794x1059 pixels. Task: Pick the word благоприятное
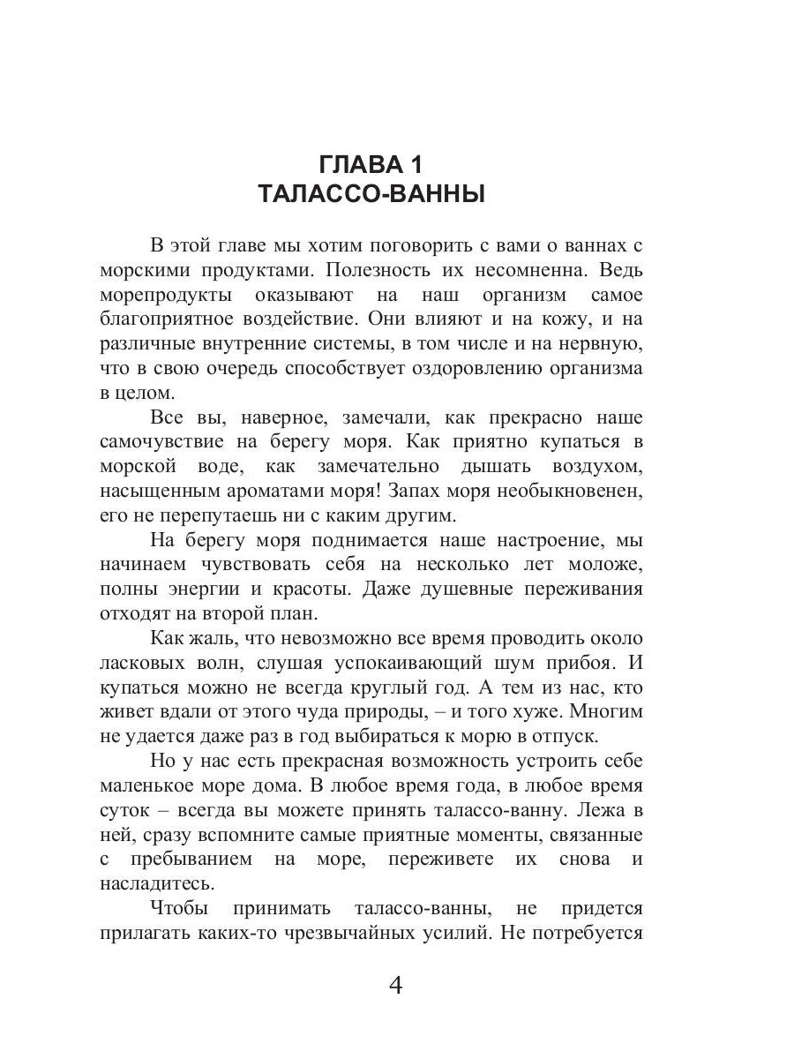coord(175,318)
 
